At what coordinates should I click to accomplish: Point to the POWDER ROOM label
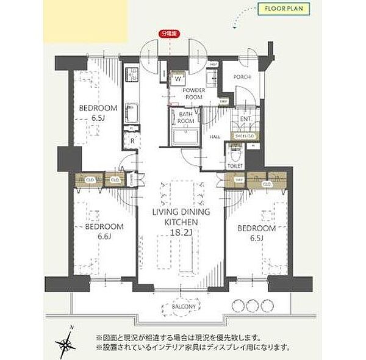(x=193, y=93)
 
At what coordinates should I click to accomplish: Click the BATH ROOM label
(x=187, y=118)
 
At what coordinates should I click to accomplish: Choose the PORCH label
(x=242, y=77)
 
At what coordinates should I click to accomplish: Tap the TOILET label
(x=235, y=166)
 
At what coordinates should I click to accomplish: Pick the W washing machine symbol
(x=178, y=79)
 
